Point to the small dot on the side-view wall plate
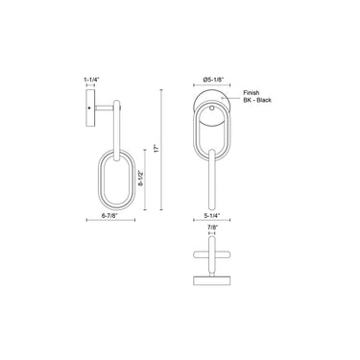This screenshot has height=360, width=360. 87,108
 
